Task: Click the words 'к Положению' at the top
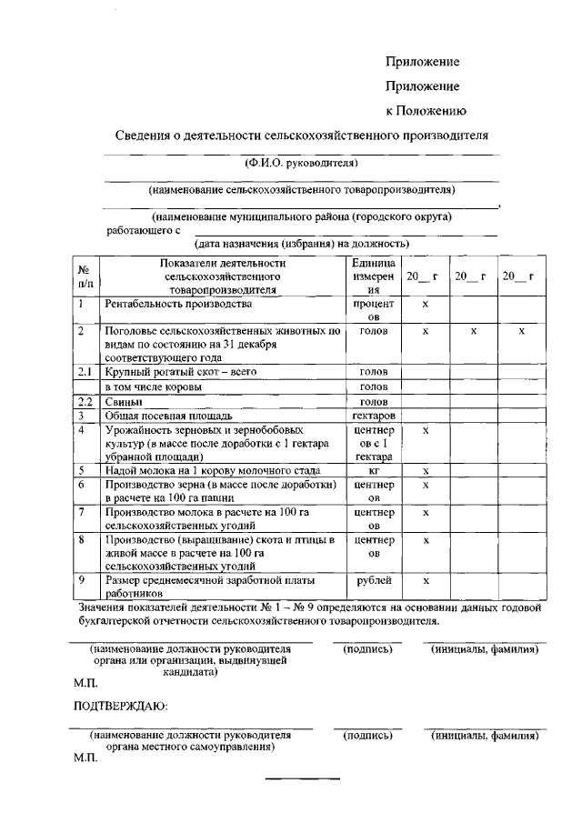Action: (x=426, y=111)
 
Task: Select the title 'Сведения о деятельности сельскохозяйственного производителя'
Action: (x=302, y=136)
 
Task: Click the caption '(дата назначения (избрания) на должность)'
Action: (x=301, y=244)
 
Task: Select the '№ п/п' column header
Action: (x=84, y=276)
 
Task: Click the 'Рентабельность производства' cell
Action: (x=177, y=304)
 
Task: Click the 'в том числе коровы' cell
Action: (x=156, y=386)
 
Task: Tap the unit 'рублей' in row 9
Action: (x=373, y=580)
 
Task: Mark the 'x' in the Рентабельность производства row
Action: (x=426, y=304)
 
